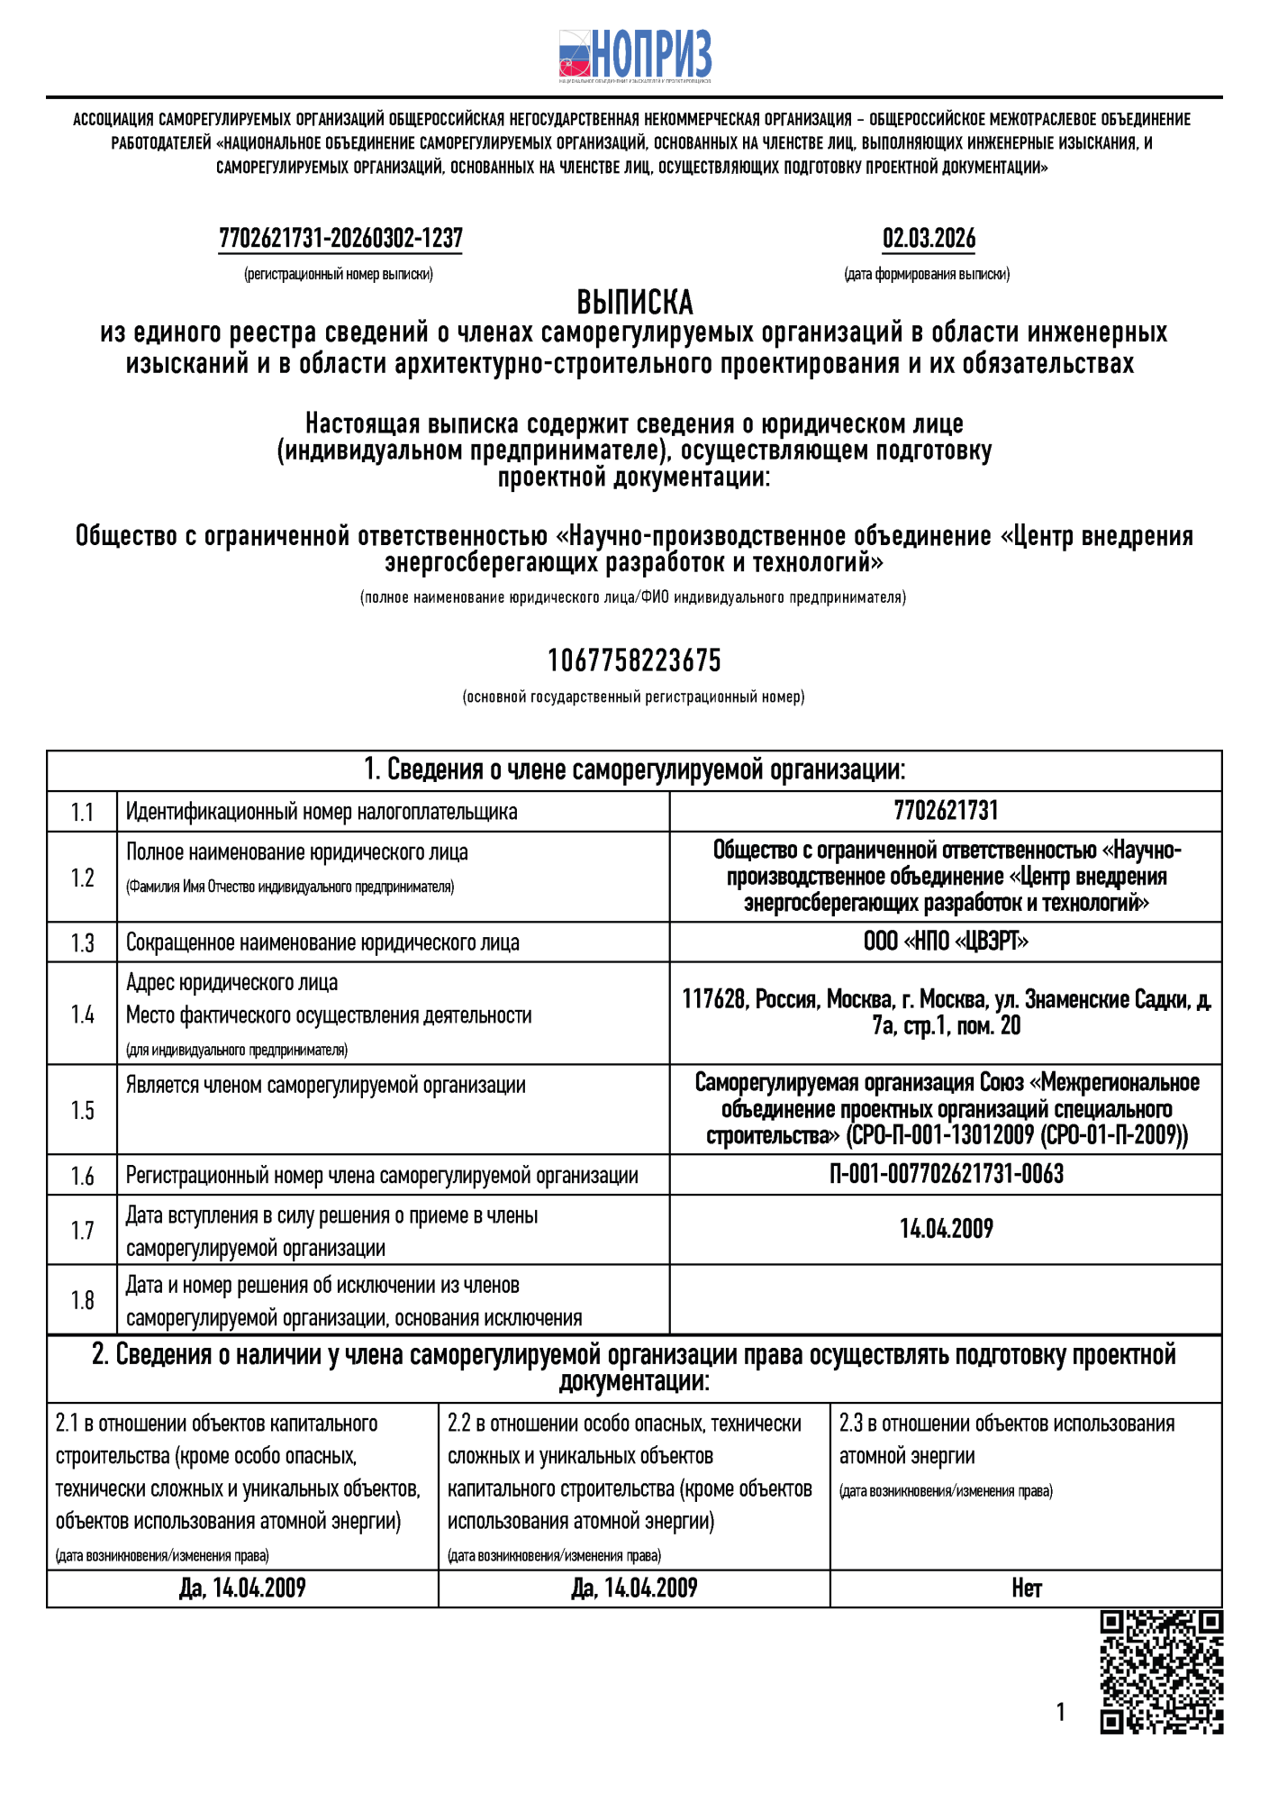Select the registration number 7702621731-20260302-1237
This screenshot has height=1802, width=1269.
point(340,239)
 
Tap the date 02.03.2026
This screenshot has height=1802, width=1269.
point(929,239)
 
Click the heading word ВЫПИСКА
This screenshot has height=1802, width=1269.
point(634,302)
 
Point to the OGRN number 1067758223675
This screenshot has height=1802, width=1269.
point(634,660)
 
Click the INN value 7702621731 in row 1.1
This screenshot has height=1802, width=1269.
point(946,811)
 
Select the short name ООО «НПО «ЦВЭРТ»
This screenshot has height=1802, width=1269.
point(946,942)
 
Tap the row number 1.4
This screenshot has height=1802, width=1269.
point(82,1015)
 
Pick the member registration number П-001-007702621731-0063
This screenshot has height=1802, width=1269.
point(946,1174)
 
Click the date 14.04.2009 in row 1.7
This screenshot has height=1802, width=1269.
point(946,1229)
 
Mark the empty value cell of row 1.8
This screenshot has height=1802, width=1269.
point(946,1299)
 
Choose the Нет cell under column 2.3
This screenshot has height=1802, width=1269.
point(1026,1588)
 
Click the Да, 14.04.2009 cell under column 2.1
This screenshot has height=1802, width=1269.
point(242,1588)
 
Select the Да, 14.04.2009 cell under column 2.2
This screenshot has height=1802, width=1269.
point(634,1588)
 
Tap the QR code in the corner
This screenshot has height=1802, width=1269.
point(1161,1672)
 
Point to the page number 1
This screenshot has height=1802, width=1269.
point(1060,1712)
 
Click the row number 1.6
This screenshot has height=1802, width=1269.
point(82,1176)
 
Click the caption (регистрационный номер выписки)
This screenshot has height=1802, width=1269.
point(339,274)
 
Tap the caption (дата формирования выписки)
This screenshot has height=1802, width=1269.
point(927,274)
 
